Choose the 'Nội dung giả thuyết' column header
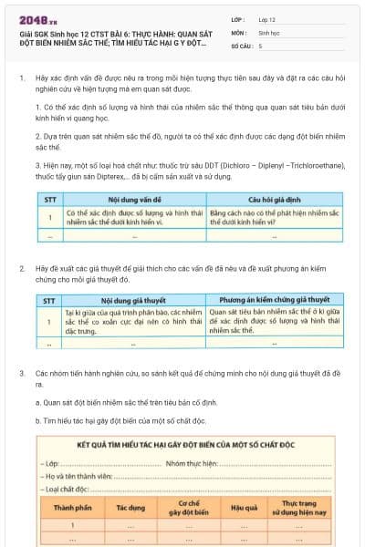[134, 299]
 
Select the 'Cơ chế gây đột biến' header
[189, 507]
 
